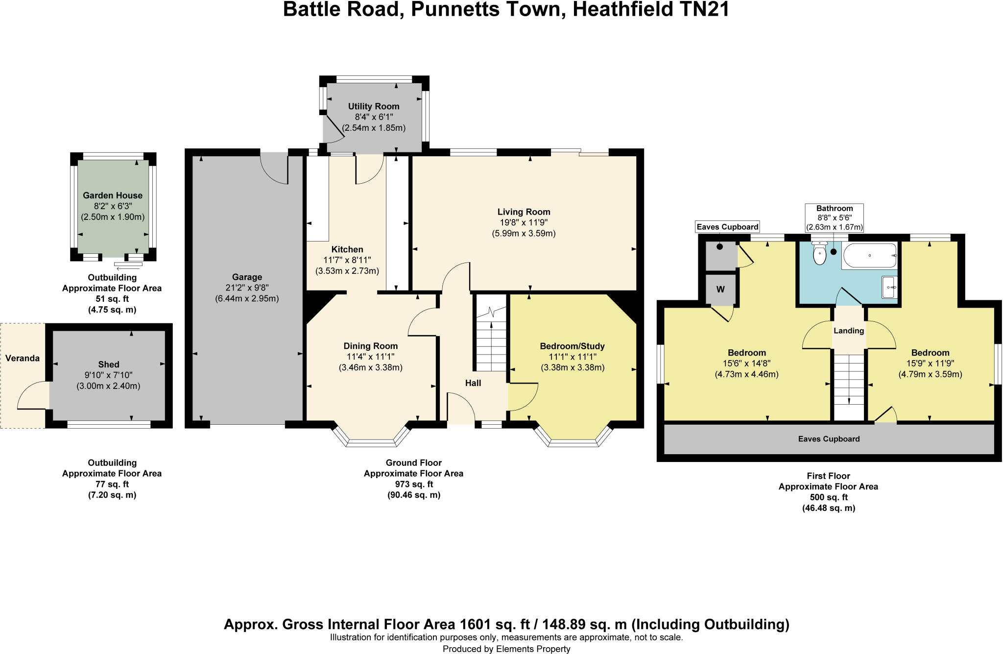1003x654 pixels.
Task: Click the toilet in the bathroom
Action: [819, 254]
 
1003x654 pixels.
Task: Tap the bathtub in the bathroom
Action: [869, 256]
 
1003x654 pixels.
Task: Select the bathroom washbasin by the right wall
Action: [889, 287]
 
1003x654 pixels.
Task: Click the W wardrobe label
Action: [720, 290]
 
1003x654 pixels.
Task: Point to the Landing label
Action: [849, 331]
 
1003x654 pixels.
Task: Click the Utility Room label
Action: [374, 106]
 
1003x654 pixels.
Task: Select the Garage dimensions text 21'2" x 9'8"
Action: [247, 288]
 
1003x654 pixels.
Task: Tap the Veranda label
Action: [23, 358]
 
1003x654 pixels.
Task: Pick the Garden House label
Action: [113, 195]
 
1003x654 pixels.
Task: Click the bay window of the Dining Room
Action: [371, 438]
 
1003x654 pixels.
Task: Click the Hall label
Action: [473, 383]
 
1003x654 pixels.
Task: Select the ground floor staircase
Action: [491, 338]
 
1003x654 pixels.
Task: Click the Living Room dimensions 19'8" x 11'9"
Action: [524, 223]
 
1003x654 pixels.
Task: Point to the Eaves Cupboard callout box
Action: [727, 226]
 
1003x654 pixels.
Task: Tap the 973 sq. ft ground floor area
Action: [414, 484]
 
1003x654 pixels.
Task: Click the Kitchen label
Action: [347, 249]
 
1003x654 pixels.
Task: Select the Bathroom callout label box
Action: [835, 218]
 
